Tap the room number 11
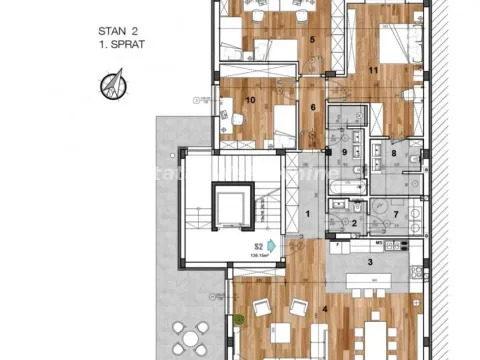(x=372, y=70)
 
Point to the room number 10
(x=251, y=100)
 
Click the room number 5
(x=312, y=40)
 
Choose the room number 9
(x=344, y=152)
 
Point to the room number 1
(x=308, y=214)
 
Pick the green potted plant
(x=241, y=320)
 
